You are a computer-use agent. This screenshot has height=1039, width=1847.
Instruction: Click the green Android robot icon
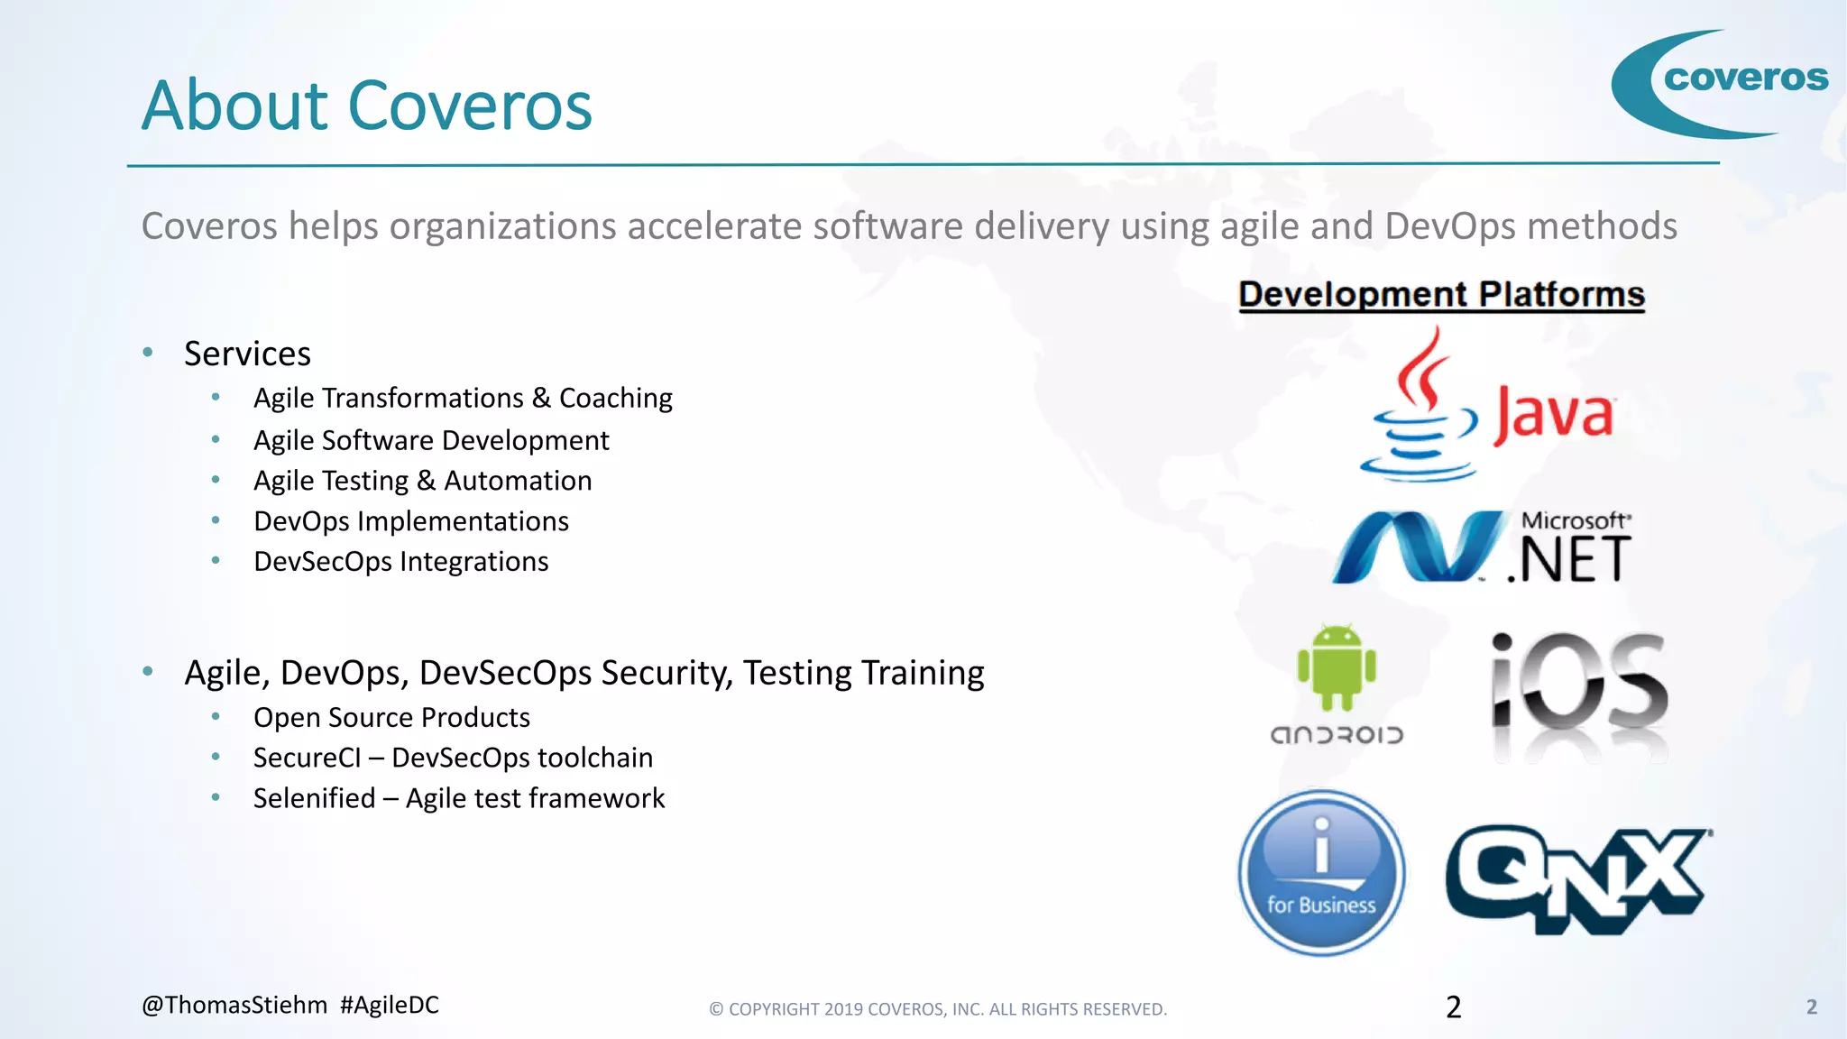(x=1337, y=667)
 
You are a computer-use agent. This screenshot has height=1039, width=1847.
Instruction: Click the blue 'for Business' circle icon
(x=1321, y=873)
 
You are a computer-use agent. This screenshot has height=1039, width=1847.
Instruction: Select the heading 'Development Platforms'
(x=1441, y=295)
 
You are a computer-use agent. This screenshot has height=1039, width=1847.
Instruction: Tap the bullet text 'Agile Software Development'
(x=431, y=440)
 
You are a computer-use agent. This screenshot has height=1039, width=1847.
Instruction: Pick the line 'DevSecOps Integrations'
(x=400, y=562)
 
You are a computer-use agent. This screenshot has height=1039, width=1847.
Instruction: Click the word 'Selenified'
(x=314, y=798)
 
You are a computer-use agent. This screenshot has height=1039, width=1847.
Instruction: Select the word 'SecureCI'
(x=307, y=758)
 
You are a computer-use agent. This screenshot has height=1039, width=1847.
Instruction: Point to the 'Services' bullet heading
(x=247, y=354)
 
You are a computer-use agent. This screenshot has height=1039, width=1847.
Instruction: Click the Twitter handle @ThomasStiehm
(x=234, y=1005)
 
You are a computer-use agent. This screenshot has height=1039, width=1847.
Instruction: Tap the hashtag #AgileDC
(x=390, y=1005)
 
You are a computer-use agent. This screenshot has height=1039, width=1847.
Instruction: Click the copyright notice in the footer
(x=938, y=1009)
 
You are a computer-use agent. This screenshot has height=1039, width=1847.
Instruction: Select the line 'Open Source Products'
(x=391, y=717)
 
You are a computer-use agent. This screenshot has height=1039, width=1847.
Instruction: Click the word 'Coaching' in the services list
(x=616, y=398)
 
